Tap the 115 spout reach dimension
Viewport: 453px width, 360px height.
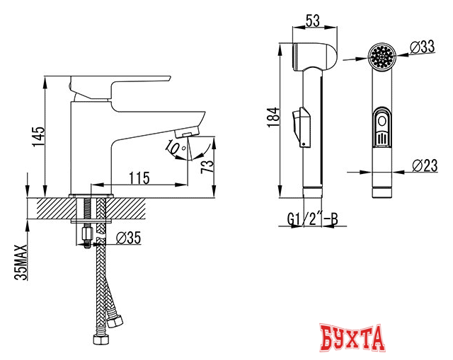coord(139,178)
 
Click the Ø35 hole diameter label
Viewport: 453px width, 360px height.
coord(127,238)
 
